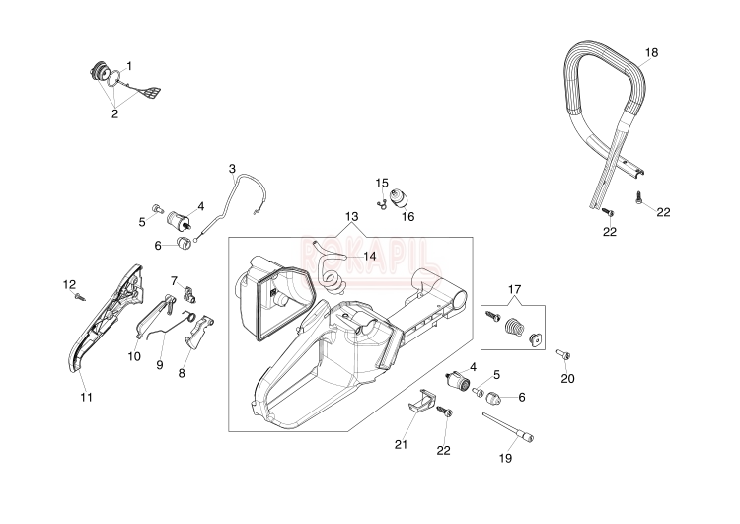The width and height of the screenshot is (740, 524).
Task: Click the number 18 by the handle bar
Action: coord(651,51)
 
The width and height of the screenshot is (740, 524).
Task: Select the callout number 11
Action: coord(86,397)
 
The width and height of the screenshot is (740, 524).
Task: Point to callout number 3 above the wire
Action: coord(232,168)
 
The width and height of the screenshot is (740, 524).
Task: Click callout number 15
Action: coord(382,183)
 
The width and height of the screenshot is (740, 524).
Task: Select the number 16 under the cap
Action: coord(407,216)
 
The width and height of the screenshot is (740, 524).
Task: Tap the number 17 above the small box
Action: coord(514,289)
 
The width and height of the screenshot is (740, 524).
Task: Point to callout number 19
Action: coord(506,458)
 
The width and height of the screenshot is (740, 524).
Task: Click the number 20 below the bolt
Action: coord(567,378)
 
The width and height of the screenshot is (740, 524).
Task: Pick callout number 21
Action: coord(401,444)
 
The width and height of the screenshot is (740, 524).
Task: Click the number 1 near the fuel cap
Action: coord(129,65)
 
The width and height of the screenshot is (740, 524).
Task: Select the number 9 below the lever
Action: coord(159,364)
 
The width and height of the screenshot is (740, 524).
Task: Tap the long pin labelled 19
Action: coord(509,426)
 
